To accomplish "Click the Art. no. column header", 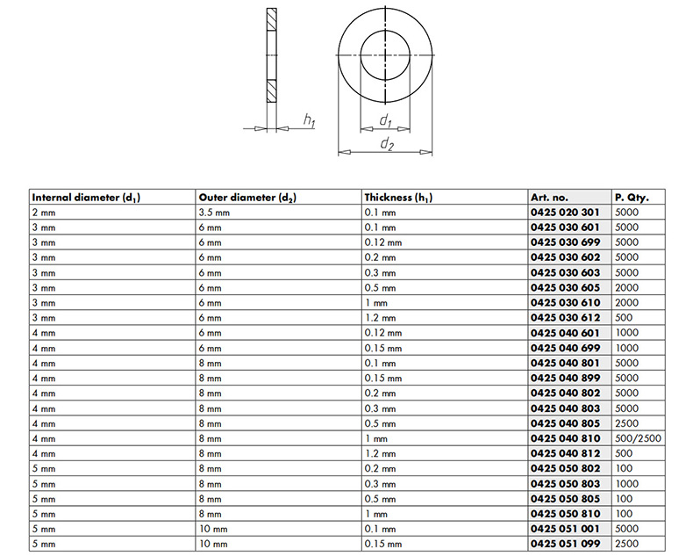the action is coord(549,198).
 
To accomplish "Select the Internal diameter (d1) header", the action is coord(86,198).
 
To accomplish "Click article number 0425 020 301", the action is coord(565,213).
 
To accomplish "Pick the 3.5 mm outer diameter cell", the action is coord(214,213).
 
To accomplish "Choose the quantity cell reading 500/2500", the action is coord(638,438).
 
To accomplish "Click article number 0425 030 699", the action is coord(565,242).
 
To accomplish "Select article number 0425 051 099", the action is coord(565,544).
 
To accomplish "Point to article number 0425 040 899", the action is coord(565,379).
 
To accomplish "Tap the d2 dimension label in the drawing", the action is coord(387,144).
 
